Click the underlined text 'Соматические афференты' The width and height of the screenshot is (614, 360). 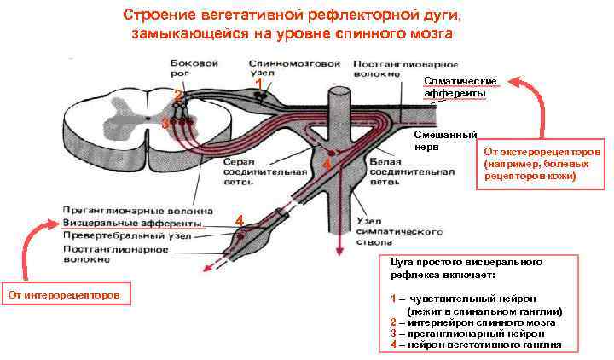click(455, 86)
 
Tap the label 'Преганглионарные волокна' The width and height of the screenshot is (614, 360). click(131, 209)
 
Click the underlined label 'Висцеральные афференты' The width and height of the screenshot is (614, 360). click(131, 223)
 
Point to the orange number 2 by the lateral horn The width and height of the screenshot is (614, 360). click(177, 94)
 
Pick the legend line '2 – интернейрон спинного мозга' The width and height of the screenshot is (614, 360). click(472, 323)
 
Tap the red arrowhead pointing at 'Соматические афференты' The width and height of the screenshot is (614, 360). click(515, 82)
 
